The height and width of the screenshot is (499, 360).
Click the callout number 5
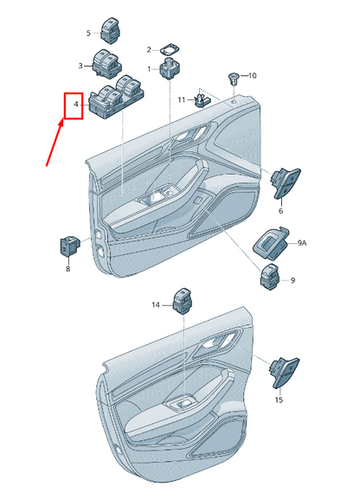[88, 33]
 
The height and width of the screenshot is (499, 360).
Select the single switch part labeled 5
[110, 30]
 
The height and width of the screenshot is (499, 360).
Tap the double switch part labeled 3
[107, 64]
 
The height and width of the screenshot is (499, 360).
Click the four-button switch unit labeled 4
[117, 97]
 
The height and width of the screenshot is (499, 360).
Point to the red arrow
[55, 142]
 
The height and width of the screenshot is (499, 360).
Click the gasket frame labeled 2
[169, 49]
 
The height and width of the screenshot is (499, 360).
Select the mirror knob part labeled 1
[169, 68]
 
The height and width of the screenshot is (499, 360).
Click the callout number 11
[181, 100]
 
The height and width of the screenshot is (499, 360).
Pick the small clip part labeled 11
[202, 99]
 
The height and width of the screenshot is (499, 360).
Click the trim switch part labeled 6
[286, 182]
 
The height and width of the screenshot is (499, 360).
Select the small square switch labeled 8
[69, 246]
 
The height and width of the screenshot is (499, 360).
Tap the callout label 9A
[302, 243]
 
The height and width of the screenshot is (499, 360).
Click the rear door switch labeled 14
[183, 300]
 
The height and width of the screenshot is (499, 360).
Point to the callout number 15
[279, 400]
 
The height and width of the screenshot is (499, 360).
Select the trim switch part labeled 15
[285, 373]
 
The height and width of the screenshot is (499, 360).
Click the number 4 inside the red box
[76, 104]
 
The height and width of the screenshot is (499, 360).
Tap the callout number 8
[68, 269]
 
